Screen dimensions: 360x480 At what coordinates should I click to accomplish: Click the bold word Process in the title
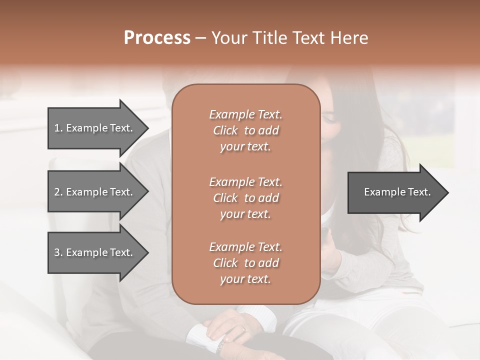coord(157,38)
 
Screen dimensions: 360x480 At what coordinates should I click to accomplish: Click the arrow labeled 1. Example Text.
coord(95,128)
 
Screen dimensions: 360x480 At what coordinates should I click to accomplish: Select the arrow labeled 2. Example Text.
coord(95,192)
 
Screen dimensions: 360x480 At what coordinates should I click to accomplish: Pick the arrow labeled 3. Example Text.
coord(95,252)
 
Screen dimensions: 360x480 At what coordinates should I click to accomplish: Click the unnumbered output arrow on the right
coord(395,192)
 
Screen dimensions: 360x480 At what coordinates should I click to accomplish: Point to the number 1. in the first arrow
coord(58,128)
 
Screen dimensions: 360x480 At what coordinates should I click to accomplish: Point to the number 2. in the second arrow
coord(58,192)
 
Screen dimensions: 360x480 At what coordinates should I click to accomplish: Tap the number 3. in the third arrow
coord(58,252)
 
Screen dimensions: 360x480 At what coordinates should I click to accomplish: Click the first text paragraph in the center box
coord(245,130)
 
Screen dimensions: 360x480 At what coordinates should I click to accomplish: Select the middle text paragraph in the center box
coord(245,198)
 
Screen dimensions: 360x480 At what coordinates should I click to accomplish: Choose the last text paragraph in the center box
coord(245,263)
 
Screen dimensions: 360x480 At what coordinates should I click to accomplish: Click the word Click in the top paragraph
coord(225,130)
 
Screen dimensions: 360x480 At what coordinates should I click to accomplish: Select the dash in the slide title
coord(200,38)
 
